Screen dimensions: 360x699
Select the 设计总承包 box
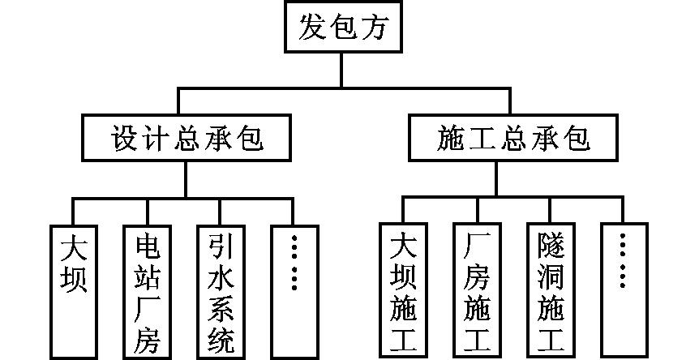pyautogui.click(x=186, y=139)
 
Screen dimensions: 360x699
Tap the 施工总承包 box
pyautogui.click(x=512, y=139)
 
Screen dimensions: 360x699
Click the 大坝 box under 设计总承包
pyautogui.click(x=74, y=289)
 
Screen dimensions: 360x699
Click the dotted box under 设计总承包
pyautogui.click(x=294, y=289)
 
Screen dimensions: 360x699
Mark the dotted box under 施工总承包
pyautogui.click(x=623, y=289)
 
